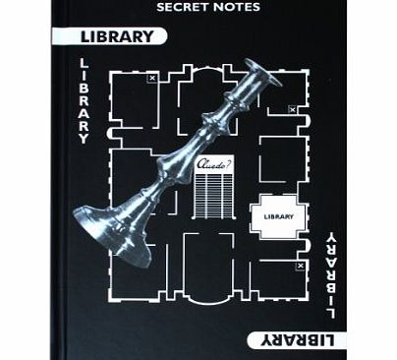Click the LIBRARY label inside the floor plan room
pos(279,215)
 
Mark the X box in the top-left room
pos(151,77)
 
